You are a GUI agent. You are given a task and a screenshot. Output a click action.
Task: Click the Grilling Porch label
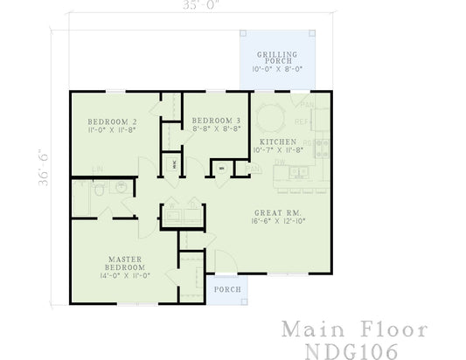[x=275, y=58]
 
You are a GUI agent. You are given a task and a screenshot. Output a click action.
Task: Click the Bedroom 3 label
[x=215, y=120]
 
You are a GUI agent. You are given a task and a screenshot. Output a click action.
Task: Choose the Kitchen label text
[x=279, y=142]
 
